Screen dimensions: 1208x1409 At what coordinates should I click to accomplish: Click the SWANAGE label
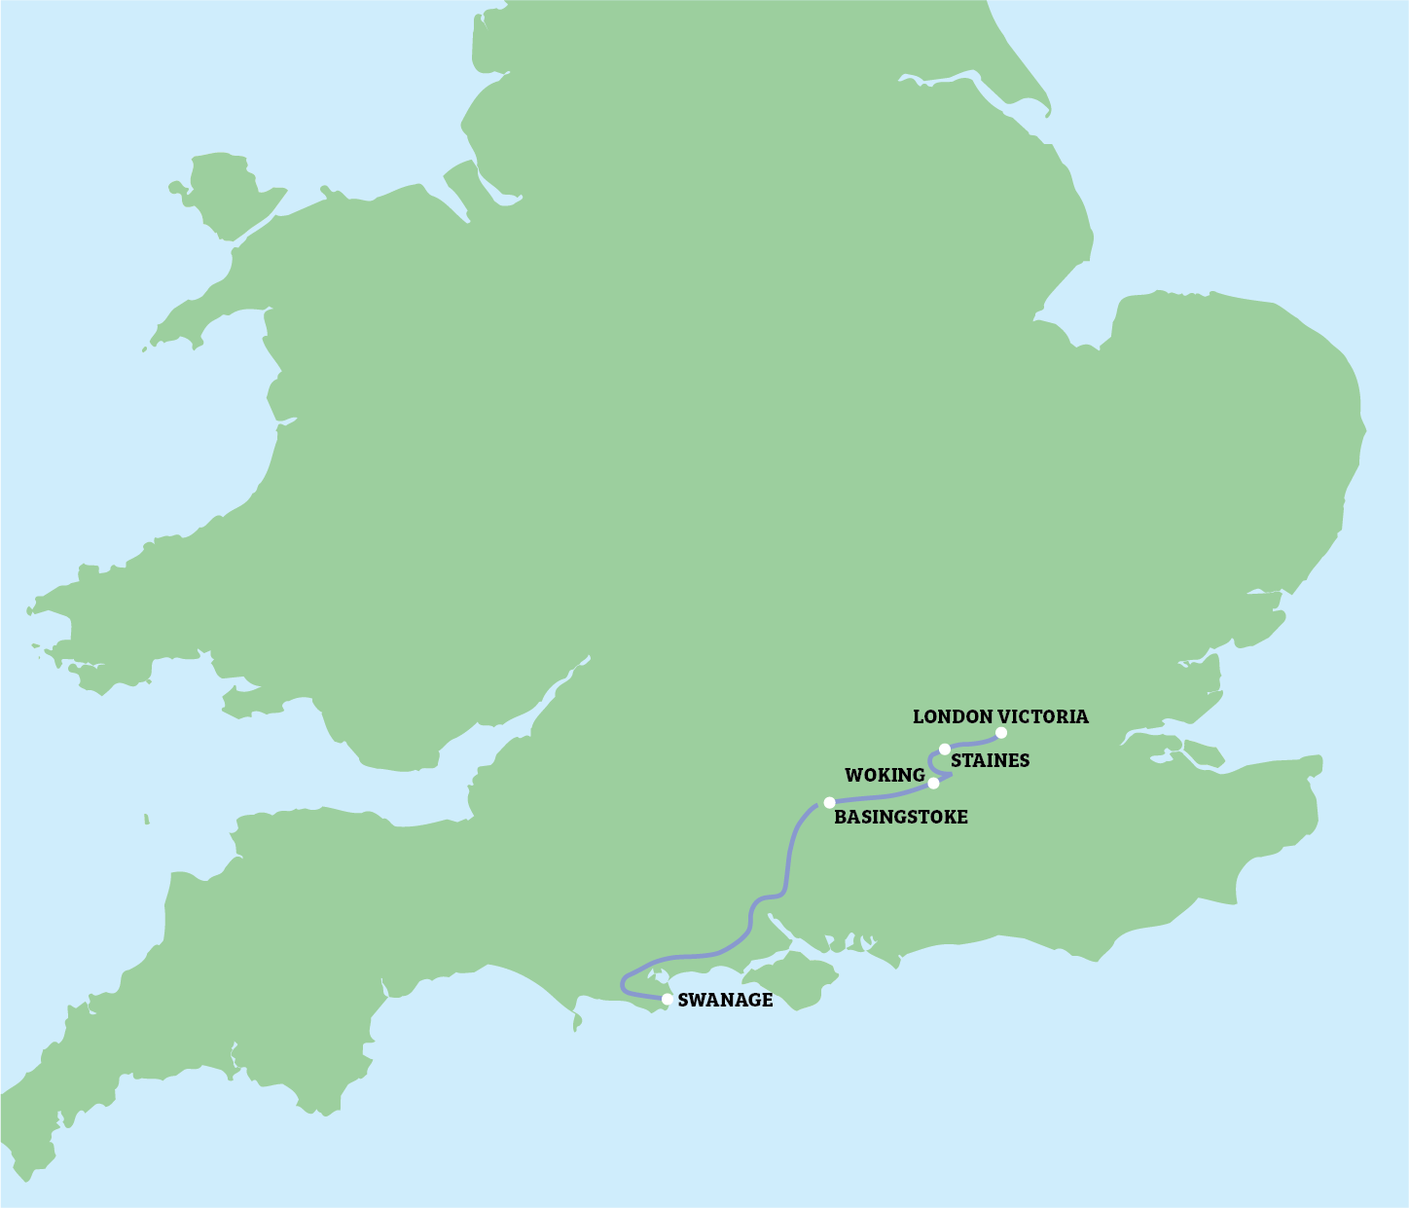click(x=725, y=1000)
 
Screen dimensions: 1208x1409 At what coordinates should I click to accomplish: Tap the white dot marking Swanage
click(x=667, y=999)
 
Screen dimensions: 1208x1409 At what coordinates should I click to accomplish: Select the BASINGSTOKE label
click(x=901, y=817)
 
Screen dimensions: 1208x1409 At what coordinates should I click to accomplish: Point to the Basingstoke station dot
click(x=829, y=802)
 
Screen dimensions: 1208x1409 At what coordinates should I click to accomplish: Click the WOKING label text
click(x=884, y=775)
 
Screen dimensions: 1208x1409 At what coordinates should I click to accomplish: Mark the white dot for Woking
click(x=934, y=783)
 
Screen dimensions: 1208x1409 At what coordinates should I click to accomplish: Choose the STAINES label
click(x=990, y=760)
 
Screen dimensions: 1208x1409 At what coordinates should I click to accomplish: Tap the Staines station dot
click(x=945, y=749)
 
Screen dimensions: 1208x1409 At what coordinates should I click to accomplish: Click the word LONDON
click(x=953, y=716)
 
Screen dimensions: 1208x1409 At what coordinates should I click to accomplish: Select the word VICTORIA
click(x=1043, y=716)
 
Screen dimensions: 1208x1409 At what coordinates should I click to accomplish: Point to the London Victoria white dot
click(x=1001, y=732)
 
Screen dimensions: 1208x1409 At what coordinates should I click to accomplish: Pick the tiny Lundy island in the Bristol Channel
click(x=146, y=818)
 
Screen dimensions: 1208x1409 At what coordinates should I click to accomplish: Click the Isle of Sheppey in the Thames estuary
click(x=1201, y=753)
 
